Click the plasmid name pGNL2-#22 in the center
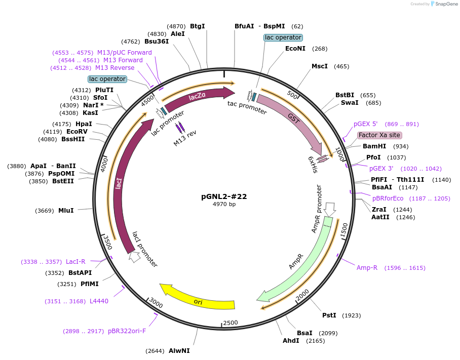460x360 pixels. click(224, 196)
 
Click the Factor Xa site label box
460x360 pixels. click(379, 135)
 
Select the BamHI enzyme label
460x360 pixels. click(374, 146)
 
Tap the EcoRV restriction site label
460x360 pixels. click(77, 132)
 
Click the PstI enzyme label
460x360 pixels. click(329, 315)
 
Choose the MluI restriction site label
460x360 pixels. click(66, 211)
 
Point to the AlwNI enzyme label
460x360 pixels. click(179, 350)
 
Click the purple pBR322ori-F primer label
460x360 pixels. click(127, 331)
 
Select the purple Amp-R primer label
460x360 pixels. click(367, 268)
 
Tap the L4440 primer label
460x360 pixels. click(99, 301)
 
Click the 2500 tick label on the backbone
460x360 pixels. click(231, 323)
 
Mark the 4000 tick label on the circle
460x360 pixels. click(104, 165)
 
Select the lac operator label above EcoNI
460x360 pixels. click(283, 37)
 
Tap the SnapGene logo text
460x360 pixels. click(446, 4)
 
